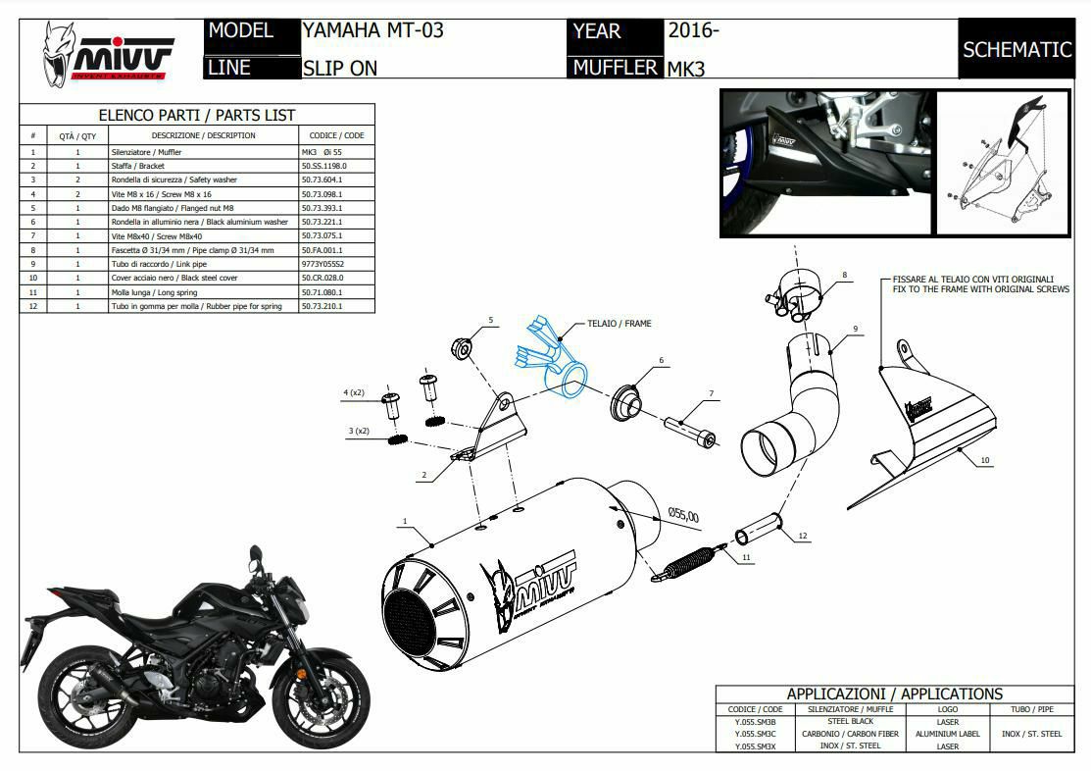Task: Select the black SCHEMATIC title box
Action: [1017, 49]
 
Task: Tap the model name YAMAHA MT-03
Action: [372, 30]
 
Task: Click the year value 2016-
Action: [694, 30]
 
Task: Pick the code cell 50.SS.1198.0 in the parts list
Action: [323, 166]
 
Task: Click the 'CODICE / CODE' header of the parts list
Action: [336, 135]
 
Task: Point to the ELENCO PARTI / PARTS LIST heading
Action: [197, 115]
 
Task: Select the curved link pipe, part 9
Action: [799, 412]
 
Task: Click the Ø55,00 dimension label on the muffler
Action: [683, 514]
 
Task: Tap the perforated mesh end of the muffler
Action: [411, 614]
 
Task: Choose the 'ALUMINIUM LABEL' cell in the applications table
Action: [948, 734]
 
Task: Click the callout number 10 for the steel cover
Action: [985, 460]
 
